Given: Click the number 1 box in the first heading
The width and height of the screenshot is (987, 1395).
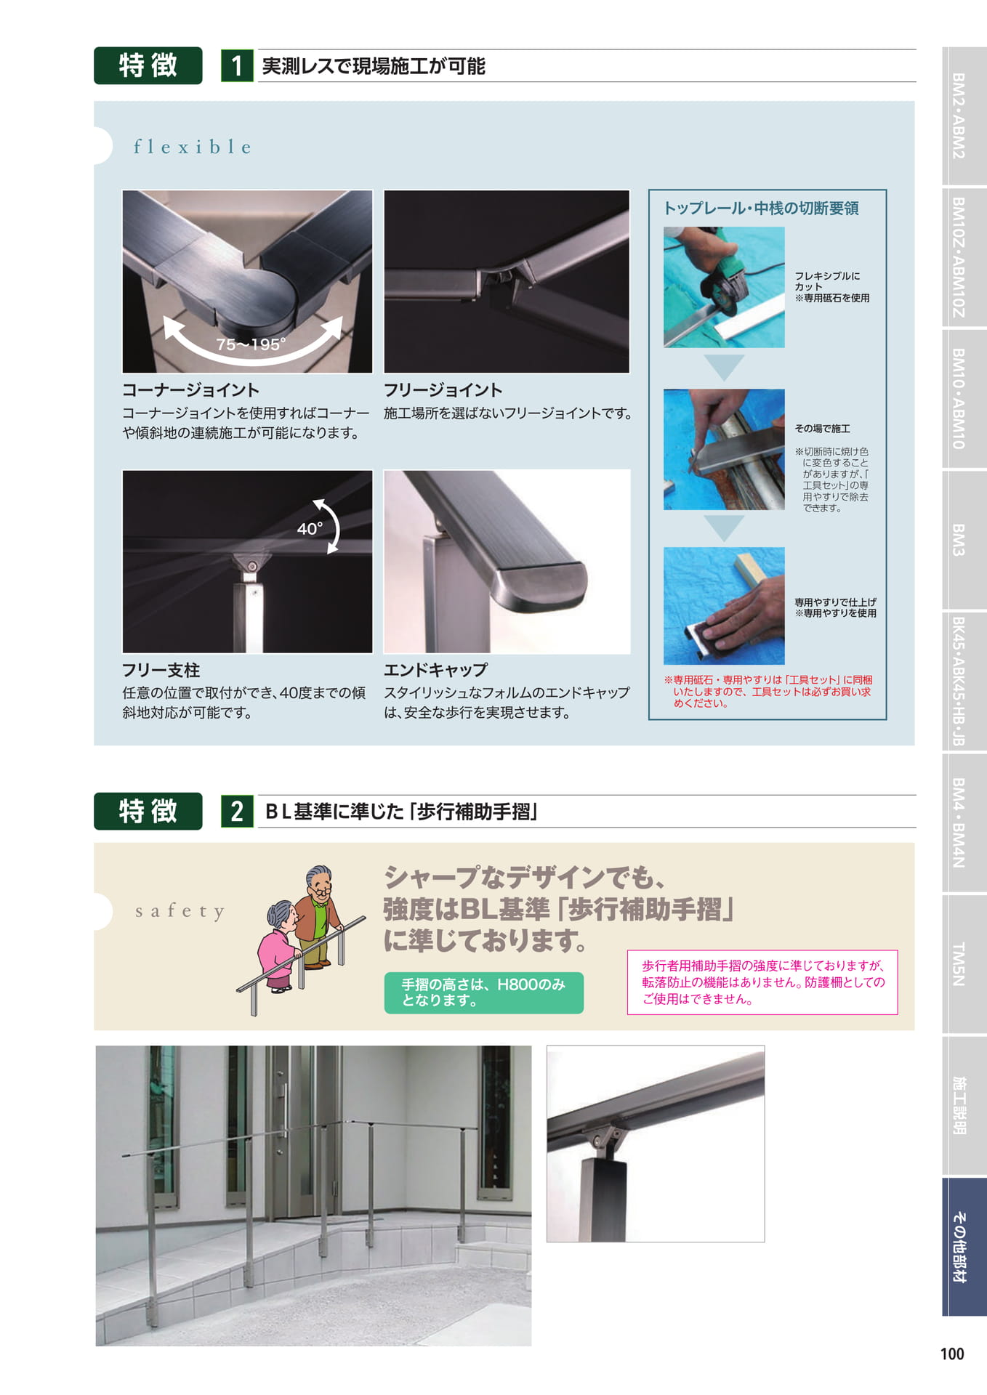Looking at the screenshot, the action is coord(237,66).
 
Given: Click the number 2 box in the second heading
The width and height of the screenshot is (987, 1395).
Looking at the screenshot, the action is coord(237,811).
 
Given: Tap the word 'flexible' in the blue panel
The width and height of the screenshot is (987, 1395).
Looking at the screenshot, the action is coord(193,147).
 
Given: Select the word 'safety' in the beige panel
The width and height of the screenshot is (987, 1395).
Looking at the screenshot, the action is coord(180,911).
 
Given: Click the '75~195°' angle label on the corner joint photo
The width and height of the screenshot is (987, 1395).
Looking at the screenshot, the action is coord(251,344).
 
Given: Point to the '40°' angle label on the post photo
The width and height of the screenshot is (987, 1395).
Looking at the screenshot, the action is coord(310,528).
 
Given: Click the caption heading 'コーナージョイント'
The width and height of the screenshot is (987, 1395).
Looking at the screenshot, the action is coord(190,390).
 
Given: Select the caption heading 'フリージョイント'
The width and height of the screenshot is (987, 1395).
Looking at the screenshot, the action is coord(443,390).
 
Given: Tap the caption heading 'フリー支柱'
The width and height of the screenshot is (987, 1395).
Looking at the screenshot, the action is coord(161,670).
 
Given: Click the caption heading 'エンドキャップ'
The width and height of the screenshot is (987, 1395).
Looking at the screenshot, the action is coord(435,670).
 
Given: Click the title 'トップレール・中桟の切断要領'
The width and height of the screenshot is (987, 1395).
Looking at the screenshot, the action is coord(761,209).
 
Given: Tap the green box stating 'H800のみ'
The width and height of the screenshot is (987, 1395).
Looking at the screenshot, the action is coord(483,992).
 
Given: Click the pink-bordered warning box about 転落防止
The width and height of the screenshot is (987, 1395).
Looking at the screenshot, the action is coord(762,982).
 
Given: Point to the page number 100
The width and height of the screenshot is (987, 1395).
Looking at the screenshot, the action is coord(952,1354).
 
